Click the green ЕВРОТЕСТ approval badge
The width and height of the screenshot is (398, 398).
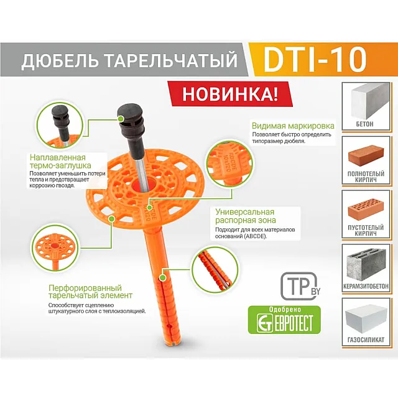click(284, 319)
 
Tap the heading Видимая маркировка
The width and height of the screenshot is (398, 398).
click(293, 126)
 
